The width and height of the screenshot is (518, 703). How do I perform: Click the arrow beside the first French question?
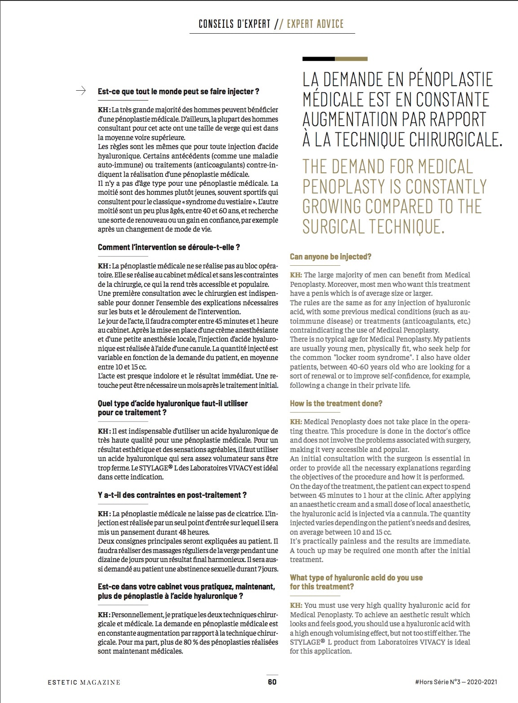coord(81,91)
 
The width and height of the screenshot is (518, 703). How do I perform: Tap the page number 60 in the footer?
coord(272,681)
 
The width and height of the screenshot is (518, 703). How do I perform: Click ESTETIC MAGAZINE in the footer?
coord(84,682)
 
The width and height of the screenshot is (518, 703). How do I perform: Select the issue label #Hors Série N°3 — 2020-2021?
coord(456,682)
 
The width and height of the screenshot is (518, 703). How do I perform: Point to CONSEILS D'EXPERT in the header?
coord(234,24)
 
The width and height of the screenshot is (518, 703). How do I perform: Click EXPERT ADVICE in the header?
coord(315,24)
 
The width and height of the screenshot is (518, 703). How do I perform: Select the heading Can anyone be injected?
coord(330,257)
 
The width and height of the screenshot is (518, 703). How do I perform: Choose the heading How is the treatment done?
coord(336,404)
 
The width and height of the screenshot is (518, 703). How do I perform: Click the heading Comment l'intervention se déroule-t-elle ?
coord(169,247)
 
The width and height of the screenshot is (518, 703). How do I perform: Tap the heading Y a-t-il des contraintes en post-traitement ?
coord(172,495)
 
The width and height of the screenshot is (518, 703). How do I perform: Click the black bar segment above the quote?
coord(318,59)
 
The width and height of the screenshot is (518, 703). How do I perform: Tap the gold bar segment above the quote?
coord(351,59)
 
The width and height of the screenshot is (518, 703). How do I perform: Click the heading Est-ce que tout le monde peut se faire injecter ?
coord(178,92)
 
